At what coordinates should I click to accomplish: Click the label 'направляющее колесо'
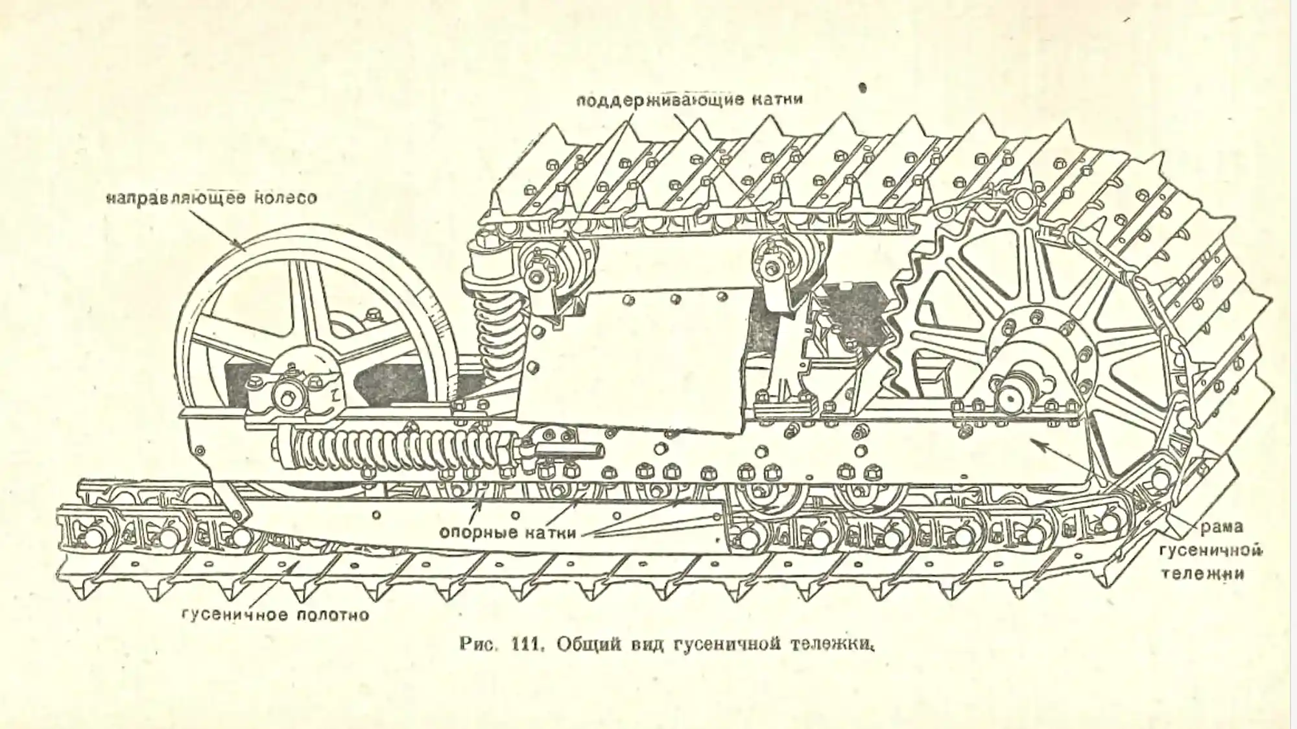[211, 197]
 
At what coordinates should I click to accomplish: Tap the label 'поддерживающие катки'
[689, 100]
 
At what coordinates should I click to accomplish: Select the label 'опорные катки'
[508, 533]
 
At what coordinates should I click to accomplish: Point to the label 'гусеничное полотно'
[276, 614]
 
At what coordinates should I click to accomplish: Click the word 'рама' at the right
[1221, 527]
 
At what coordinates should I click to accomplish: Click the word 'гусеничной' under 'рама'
[1210, 551]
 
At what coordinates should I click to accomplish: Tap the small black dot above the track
[862, 87]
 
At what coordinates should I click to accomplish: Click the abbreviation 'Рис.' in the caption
[477, 644]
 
